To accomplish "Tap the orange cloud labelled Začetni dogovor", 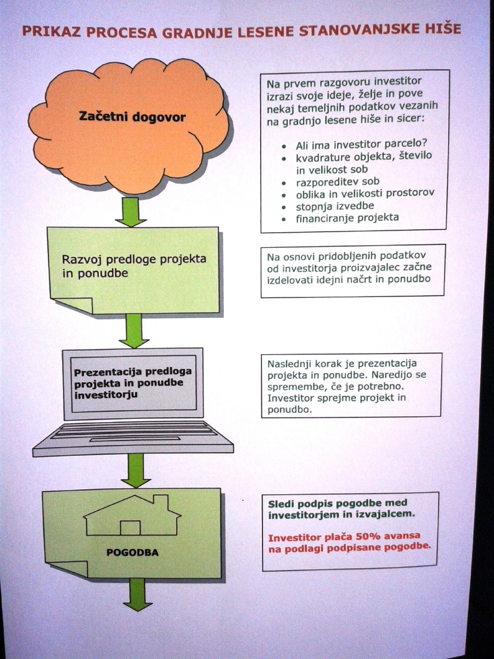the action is coord(129,126).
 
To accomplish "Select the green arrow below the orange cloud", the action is coord(131,211).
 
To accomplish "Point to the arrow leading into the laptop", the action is coord(134,331).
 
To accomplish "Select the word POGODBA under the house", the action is coord(132,552).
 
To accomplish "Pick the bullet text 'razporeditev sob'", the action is coord(338,182).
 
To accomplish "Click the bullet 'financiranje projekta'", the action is coord(347,218).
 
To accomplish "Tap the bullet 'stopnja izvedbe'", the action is coord(335,206).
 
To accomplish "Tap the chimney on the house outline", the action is coord(161,502).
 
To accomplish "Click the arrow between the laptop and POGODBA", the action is coord(135,471).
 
